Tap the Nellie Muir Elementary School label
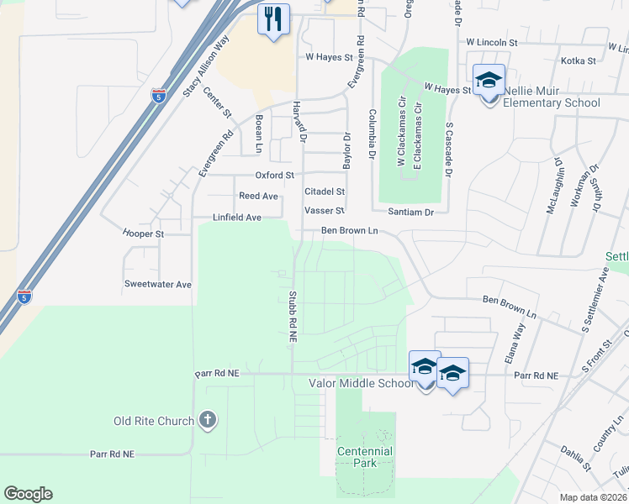pyautogui.click(x=551, y=103)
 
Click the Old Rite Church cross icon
pyautogui.click(x=208, y=420)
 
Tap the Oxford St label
pyautogui.click(x=275, y=176)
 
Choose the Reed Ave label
pyautogui.click(x=258, y=196)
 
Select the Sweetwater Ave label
pyautogui.click(x=157, y=284)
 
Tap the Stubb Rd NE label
pyautogui.click(x=293, y=316)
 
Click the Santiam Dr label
pyautogui.click(x=410, y=213)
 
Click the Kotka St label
pyautogui.click(x=578, y=60)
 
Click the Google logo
pyautogui.click(x=28, y=494)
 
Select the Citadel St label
pyautogui.click(x=325, y=192)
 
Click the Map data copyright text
pyautogui.click(x=593, y=497)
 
